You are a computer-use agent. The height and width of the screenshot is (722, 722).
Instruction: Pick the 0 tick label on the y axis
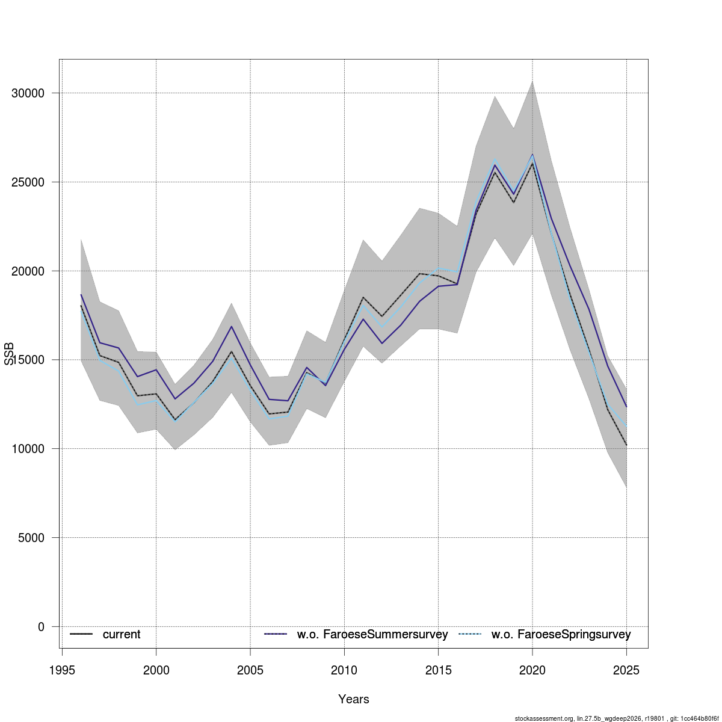coord(41,627)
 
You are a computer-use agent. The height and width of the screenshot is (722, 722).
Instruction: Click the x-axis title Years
coord(354,699)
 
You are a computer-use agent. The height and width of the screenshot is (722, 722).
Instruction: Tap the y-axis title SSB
coord(9,354)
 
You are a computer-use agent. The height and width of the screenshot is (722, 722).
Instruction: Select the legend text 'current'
coord(122,635)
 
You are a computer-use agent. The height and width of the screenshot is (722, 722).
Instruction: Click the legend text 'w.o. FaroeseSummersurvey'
coord(372,635)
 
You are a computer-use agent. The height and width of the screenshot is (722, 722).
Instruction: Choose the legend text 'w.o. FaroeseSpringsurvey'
coord(561,635)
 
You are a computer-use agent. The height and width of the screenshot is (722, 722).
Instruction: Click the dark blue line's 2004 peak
coord(232,326)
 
